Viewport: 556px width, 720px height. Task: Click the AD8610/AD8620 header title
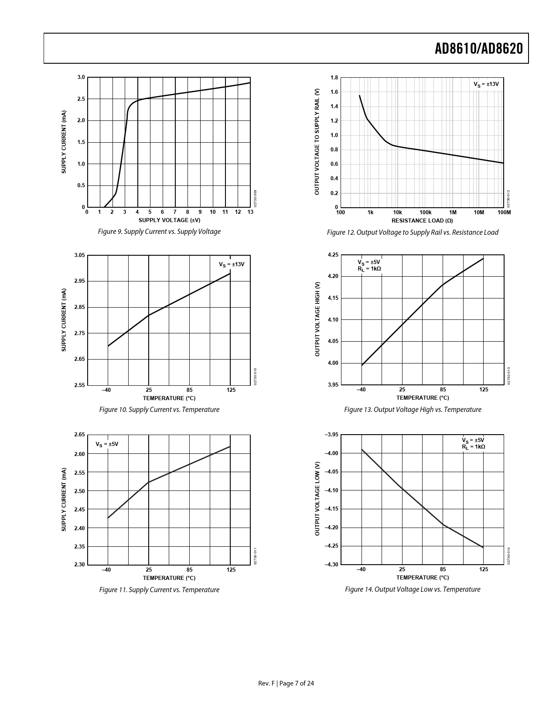click(478, 49)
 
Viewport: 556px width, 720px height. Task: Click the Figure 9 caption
click(159, 232)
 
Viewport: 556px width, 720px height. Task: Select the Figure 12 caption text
click(412, 233)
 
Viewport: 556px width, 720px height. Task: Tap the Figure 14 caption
click(412, 590)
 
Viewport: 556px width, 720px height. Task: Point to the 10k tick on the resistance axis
click(397, 213)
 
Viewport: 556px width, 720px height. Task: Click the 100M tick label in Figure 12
click(504, 213)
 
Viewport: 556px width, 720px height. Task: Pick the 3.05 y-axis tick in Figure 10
click(80, 255)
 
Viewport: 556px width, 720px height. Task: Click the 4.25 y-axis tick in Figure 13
click(333, 255)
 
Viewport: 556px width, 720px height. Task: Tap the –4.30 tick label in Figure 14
click(331, 565)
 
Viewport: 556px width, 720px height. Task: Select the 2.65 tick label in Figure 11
click(80, 435)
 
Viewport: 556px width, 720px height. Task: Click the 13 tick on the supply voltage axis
click(250, 212)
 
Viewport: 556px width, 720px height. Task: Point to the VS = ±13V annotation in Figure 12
click(486, 84)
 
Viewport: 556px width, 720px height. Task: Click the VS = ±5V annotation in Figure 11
click(107, 444)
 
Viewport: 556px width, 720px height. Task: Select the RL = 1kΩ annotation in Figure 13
click(369, 269)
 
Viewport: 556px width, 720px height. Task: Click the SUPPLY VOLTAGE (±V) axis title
click(169, 220)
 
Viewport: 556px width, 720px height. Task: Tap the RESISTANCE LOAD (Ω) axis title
click(422, 220)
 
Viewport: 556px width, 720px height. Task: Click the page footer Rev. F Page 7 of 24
click(286, 683)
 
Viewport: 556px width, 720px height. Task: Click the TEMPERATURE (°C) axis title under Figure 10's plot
click(169, 398)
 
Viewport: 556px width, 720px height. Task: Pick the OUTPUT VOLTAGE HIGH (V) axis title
click(317, 319)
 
